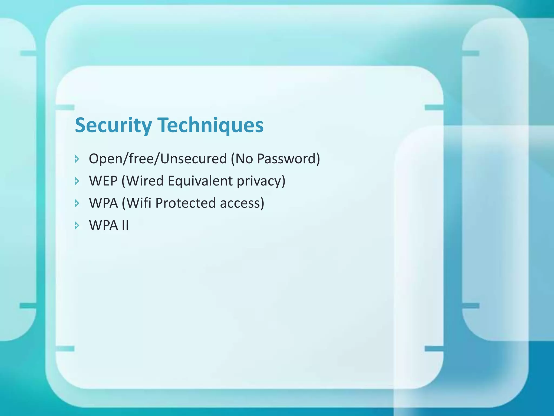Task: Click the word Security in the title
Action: pos(113,125)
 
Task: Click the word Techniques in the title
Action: pos(210,125)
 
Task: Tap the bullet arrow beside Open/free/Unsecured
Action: pos(77,159)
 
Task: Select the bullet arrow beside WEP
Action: pos(77,181)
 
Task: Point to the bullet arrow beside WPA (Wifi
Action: pos(77,203)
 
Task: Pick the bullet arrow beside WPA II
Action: pos(77,226)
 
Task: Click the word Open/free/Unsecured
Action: pos(158,159)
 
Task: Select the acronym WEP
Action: pos(103,181)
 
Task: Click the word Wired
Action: pos(145,181)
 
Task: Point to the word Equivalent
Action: pos(200,181)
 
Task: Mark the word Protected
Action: pos(186,203)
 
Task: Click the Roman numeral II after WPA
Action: pos(125,225)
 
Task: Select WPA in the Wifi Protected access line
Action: pos(103,203)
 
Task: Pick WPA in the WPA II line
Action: pos(103,225)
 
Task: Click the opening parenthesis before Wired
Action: pos(123,181)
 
